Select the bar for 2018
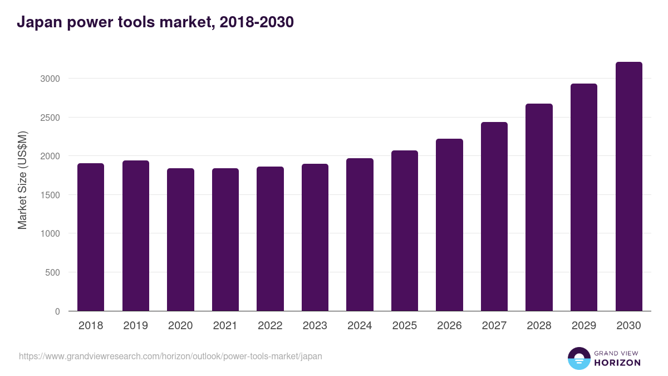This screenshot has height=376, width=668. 91,237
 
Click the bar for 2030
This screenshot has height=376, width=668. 628,187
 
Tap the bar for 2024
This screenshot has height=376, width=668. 360,235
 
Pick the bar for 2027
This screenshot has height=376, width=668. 494,217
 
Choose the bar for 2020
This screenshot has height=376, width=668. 180,240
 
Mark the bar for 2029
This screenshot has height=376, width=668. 584,197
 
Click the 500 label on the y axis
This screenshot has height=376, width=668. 52,272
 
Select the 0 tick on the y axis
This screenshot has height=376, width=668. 57,311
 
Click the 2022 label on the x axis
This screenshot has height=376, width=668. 270,326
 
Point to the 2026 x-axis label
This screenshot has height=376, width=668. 449,326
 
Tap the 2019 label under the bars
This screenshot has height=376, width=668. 136,326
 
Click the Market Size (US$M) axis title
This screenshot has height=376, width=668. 22,180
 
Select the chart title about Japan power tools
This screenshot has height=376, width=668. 155,22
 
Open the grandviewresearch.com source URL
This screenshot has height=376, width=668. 170,356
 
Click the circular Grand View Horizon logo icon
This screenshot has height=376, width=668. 578,358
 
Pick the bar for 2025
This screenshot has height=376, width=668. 405,231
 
